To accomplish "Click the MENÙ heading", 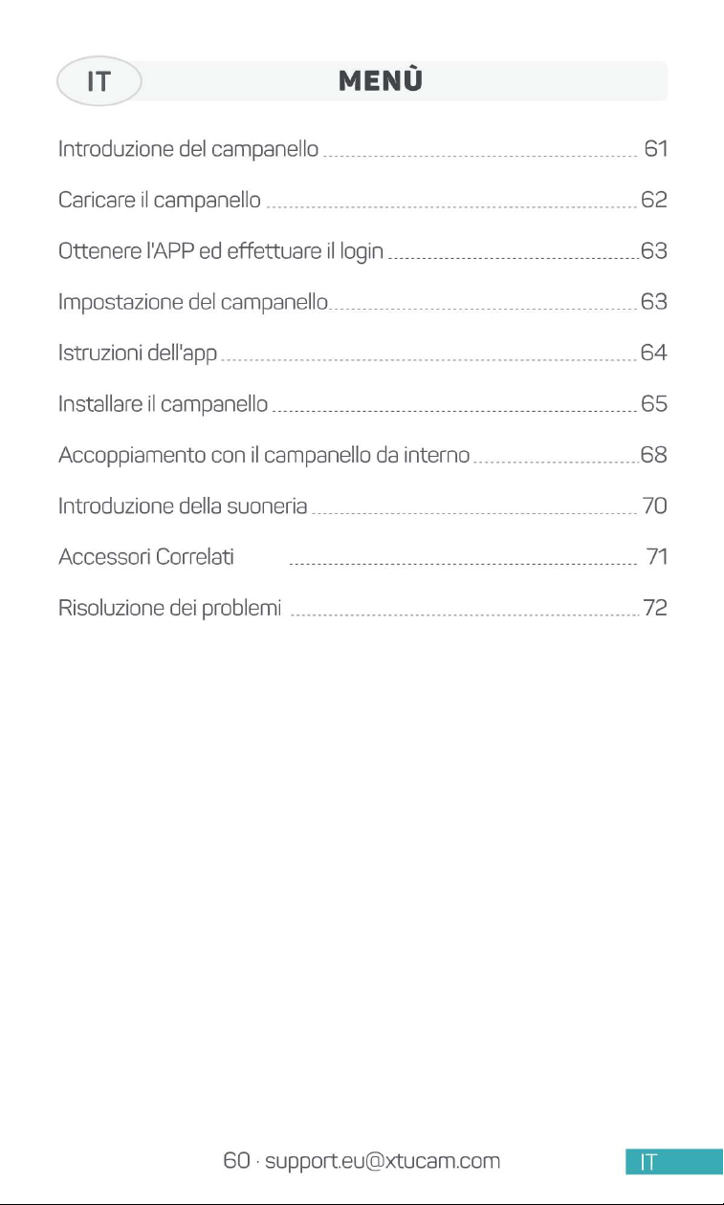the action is click(x=381, y=80).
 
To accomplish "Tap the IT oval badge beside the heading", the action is click(x=99, y=80).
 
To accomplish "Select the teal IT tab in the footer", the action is click(x=674, y=1161).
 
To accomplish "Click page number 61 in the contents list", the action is click(x=656, y=148).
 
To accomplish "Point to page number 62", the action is click(x=654, y=200).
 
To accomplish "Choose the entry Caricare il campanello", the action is click(x=160, y=200).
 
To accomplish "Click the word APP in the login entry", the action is click(x=173, y=250).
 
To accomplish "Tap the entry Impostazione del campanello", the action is click(x=192, y=302).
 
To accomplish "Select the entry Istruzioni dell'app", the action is click(x=138, y=354).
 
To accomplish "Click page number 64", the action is click(x=654, y=353).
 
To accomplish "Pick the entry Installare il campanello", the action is click(x=163, y=404).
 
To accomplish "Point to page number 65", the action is click(x=654, y=403).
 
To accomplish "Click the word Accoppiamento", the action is click(x=132, y=456).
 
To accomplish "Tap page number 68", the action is click(x=654, y=455).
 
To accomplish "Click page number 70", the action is click(x=654, y=506).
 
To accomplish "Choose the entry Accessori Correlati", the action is click(x=146, y=557).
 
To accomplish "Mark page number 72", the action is click(x=655, y=608).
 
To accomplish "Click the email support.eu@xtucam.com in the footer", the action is click(x=383, y=1161).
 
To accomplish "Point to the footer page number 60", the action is click(x=237, y=1160).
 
